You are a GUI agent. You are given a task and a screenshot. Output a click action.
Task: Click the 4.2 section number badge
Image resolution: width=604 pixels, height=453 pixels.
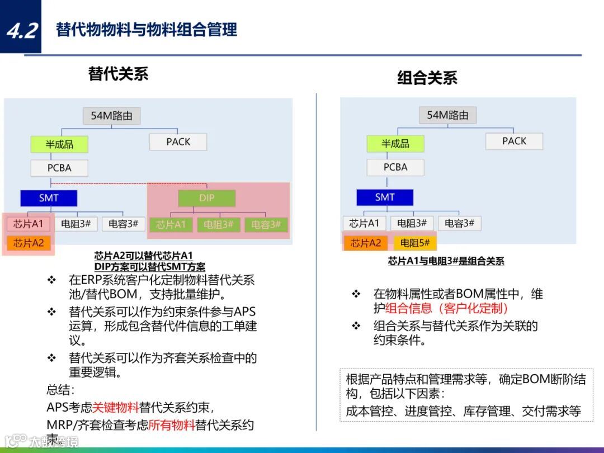(21, 28)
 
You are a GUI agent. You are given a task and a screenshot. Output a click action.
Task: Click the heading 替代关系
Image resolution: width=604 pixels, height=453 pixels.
(118, 74)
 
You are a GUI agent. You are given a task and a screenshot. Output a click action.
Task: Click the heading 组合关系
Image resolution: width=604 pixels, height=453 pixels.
(427, 78)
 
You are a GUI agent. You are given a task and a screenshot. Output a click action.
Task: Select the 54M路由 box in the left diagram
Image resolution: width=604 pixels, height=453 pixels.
(112, 116)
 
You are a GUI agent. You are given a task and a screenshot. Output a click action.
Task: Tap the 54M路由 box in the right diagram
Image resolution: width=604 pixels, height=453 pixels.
(447, 115)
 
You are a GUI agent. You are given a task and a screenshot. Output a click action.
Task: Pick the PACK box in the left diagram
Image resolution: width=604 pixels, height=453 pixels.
(178, 142)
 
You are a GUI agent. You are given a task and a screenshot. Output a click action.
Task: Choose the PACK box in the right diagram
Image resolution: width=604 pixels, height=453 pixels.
(514, 141)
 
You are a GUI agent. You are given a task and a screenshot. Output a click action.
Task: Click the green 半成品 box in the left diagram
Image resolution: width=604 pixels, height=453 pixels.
(59, 144)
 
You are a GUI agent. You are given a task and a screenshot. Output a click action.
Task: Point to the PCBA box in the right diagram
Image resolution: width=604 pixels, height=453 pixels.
(395, 167)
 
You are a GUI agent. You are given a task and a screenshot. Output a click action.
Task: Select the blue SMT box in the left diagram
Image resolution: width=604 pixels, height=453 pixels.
(49, 198)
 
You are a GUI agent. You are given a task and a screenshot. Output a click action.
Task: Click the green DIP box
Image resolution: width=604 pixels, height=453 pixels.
(207, 198)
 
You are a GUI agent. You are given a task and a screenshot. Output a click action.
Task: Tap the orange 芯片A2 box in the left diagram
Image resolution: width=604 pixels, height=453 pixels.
(29, 243)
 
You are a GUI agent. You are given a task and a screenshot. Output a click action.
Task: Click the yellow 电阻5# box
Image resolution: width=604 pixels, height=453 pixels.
(414, 243)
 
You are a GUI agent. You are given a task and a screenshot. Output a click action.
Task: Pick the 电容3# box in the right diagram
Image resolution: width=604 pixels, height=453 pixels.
(459, 223)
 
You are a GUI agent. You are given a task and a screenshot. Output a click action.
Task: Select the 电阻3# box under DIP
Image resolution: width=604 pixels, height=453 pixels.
(218, 225)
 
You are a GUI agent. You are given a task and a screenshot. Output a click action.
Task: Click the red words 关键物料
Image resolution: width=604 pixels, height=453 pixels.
(115, 408)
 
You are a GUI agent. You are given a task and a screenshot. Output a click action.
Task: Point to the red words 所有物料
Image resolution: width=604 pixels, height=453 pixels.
(172, 424)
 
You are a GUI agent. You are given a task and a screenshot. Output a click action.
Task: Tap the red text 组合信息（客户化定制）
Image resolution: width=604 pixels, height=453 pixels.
(446, 308)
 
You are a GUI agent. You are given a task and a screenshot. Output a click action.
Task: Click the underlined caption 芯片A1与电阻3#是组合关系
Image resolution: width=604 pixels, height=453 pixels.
(446, 261)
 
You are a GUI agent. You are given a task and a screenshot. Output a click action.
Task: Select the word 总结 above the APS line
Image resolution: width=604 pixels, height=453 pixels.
(60, 390)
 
